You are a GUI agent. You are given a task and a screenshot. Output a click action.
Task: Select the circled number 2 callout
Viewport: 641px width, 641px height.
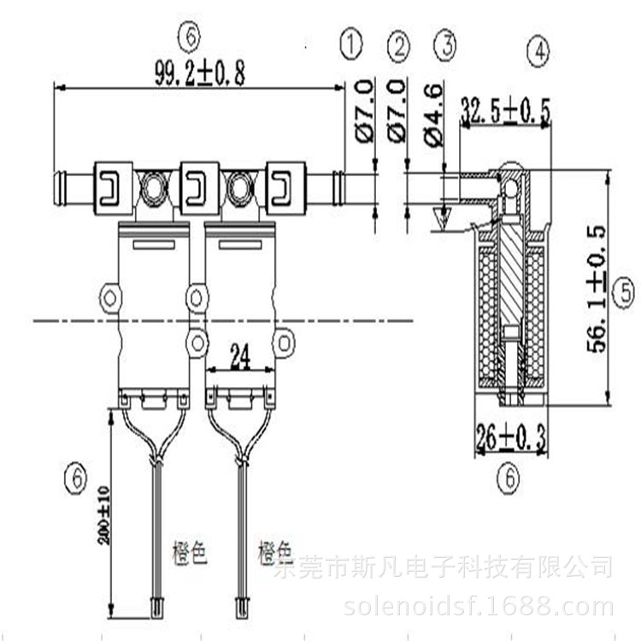pyautogui.click(x=398, y=46)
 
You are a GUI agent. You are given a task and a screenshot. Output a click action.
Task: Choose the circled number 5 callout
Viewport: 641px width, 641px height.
pyautogui.click(x=625, y=293)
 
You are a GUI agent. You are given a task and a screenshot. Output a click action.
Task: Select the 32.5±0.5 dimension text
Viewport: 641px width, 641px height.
pyautogui.click(x=505, y=110)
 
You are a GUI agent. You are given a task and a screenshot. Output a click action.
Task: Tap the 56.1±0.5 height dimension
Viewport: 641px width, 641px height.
pyautogui.click(x=595, y=289)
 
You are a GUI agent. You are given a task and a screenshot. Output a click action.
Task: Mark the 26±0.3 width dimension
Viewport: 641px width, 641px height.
pyautogui.click(x=510, y=439)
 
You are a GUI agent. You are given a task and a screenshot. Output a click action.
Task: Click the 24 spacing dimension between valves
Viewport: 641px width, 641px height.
pyautogui.click(x=240, y=359)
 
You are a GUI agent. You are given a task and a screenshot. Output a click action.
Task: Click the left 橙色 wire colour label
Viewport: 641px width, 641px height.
pyautogui.click(x=190, y=555)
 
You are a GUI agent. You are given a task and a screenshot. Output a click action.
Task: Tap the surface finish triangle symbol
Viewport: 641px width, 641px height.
pyautogui.click(x=443, y=220)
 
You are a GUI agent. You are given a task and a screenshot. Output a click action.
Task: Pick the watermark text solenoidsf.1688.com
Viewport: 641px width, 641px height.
pyautogui.click(x=478, y=608)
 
